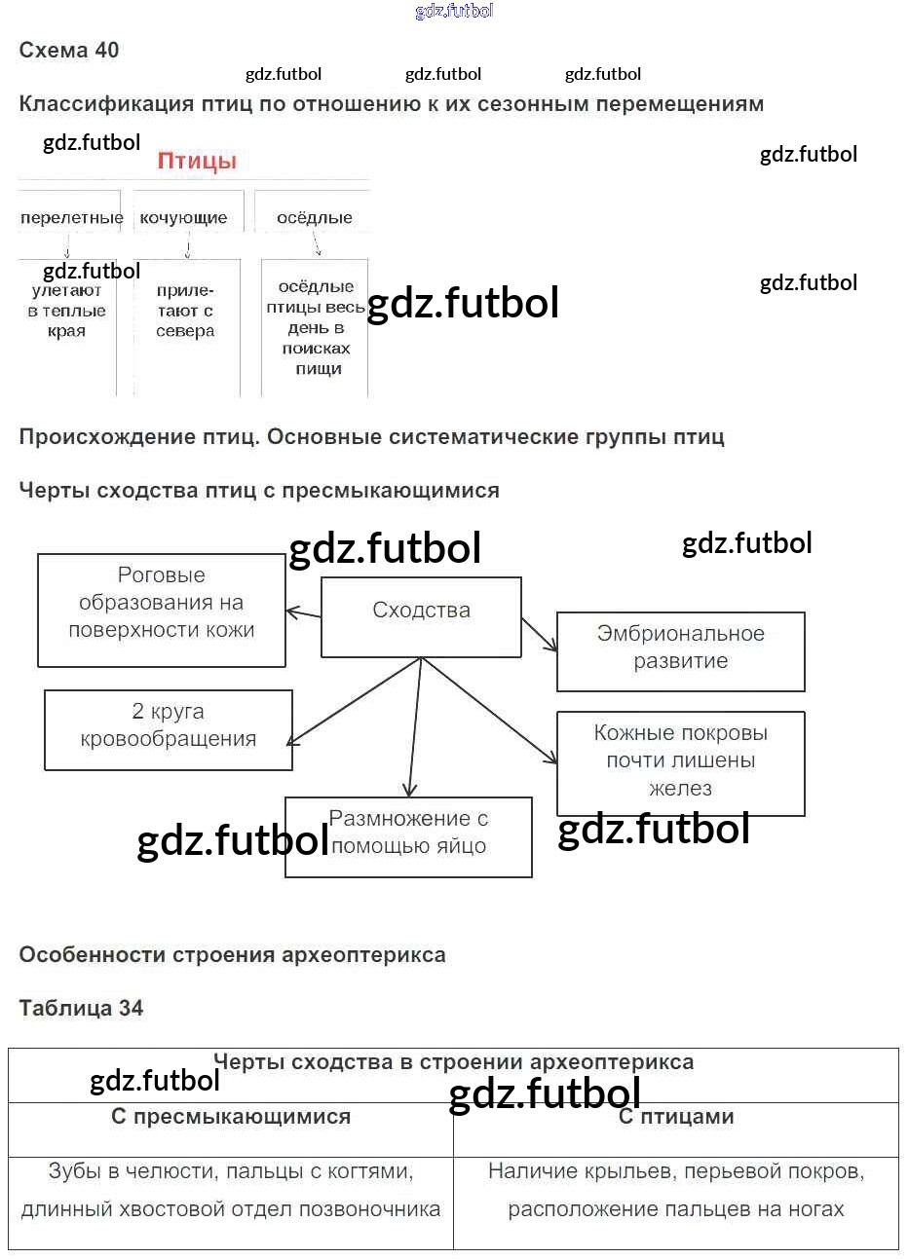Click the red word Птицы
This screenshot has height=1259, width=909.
pyautogui.click(x=197, y=161)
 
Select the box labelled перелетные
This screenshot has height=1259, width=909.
pyautogui.click(x=69, y=212)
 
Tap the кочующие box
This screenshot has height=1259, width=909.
pyautogui.click(x=188, y=212)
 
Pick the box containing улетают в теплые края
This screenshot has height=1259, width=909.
pyautogui.click(x=67, y=328)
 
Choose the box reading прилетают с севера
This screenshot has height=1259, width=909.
pyautogui.click(x=187, y=328)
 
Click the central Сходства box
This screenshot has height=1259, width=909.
pyautogui.click(x=421, y=617)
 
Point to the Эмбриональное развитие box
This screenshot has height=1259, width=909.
pyautogui.click(x=681, y=652)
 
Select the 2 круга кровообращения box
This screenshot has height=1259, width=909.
pyautogui.click(x=169, y=730)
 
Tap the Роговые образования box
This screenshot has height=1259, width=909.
pyautogui.click(x=162, y=611)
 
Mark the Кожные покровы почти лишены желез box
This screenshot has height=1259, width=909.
pyautogui.click(x=681, y=763)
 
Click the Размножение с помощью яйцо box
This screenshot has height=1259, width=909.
pyautogui.click(x=408, y=836)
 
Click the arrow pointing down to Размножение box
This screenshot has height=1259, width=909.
pyautogui.click(x=415, y=727)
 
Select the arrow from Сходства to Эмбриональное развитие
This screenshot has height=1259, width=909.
pyautogui.click(x=540, y=635)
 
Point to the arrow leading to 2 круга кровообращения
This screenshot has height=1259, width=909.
pyautogui.click(x=355, y=701)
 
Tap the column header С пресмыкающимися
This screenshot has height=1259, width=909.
pyautogui.click(x=231, y=1116)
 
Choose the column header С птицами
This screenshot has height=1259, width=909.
pyautogui.click(x=676, y=1116)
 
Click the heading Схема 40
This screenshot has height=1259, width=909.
pyautogui.click(x=68, y=50)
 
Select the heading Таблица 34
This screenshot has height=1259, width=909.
pyautogui.click(x=81, y=1008)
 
